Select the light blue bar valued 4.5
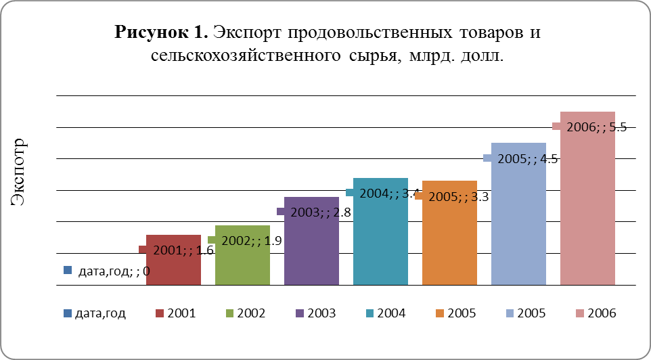518,217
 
